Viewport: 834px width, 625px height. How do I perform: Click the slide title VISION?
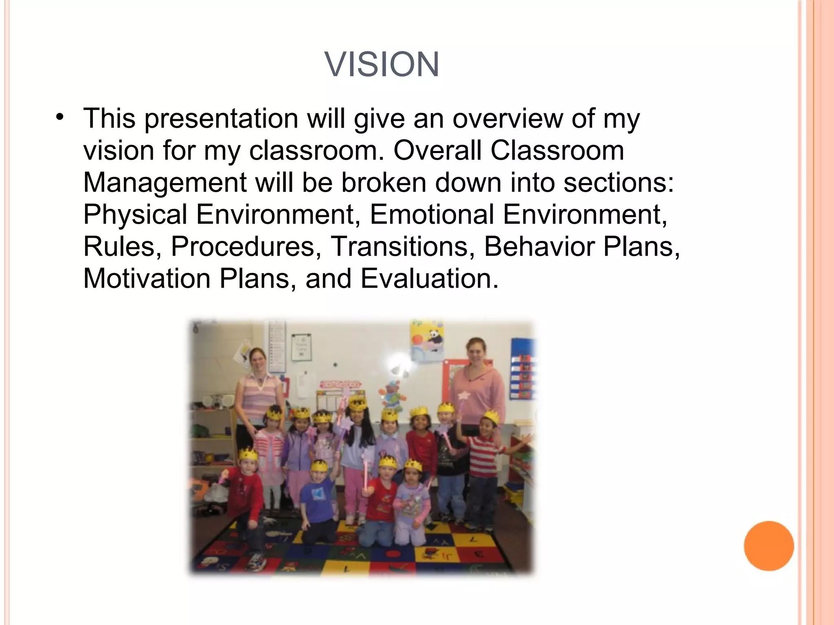[382, 64]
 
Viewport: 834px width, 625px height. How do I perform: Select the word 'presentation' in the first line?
[221, 118]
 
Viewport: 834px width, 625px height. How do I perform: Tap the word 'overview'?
[507, 118]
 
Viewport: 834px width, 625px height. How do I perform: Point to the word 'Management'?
[165, 183]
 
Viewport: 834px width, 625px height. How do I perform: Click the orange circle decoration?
[768, 546]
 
